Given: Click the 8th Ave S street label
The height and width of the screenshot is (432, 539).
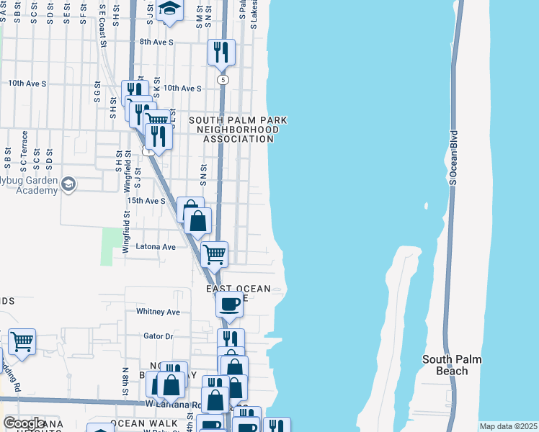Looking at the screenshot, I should point(157,42).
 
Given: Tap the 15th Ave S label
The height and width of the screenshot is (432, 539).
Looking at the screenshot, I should point(146,201).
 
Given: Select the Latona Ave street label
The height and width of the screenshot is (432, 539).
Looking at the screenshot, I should point(156,247).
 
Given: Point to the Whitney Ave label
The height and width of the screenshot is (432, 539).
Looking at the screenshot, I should point(158,312).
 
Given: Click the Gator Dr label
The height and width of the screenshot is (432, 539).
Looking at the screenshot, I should point(159,336).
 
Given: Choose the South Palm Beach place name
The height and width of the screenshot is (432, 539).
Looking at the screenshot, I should point(451,365).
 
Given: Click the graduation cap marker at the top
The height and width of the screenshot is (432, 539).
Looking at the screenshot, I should point(170,9).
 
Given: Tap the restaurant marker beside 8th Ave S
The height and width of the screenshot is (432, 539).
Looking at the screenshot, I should point(221,52).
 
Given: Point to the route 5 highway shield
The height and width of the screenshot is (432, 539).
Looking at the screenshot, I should point(224,78).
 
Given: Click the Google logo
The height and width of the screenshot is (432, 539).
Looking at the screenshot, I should point(24,423).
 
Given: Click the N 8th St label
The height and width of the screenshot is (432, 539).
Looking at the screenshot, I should point(125,379).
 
